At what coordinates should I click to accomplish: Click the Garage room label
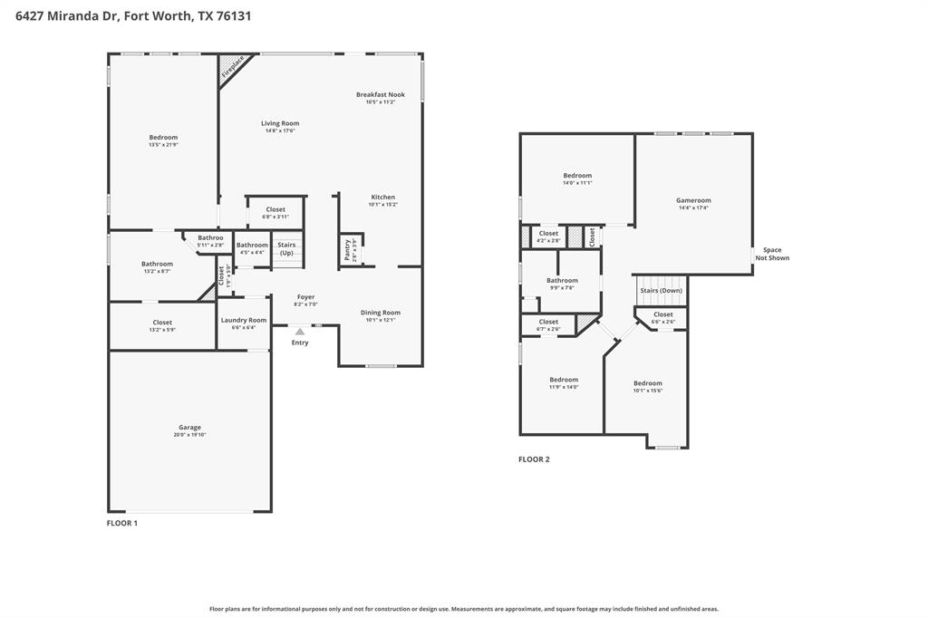click(189, 428)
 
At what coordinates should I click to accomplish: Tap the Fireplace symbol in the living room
click(233, 70)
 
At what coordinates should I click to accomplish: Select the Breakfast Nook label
click(380, 94)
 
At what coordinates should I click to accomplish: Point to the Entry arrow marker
click(299, 332)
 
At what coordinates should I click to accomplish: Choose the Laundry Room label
click(244, 320)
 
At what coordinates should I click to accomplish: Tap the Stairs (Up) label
click(286, 248)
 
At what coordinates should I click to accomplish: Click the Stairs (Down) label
click(661, 290)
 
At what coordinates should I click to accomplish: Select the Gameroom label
click(693, 200)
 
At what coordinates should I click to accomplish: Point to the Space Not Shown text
click(772, 254)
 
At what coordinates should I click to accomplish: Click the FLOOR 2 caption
click(534, 459)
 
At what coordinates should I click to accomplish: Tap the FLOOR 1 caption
click(122, 523)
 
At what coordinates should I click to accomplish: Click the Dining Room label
click(380, 313)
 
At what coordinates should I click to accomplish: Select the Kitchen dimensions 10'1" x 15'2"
click(382, 205)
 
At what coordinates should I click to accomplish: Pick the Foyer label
click(305, 296)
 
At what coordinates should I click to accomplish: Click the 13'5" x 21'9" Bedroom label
click(163, 138)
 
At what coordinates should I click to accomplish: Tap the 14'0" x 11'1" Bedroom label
click(577, 176)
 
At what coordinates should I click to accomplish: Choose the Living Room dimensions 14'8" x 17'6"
click(280, 130)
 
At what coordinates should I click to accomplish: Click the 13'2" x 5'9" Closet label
click(162, 323)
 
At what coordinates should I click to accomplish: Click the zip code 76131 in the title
click(233, 15)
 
